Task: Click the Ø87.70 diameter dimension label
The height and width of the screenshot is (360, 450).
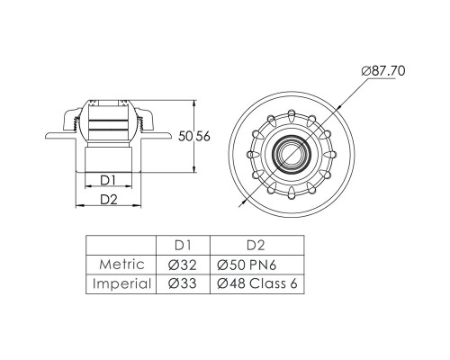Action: (383, 71)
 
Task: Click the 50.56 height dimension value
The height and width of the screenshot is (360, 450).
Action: (194, 137)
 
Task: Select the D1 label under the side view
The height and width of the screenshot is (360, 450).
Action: (108, 180)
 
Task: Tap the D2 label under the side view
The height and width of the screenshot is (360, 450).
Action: (109, 200)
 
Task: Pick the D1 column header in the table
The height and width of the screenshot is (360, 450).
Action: (183, 246)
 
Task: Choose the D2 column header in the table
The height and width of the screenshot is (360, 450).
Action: (256, 246)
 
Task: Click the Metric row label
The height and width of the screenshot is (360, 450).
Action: (121, 265)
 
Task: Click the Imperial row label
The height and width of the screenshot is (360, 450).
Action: (121, 283)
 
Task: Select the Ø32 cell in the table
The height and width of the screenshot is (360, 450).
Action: (183, 265)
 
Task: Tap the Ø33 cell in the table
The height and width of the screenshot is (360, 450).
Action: (183, 283)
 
